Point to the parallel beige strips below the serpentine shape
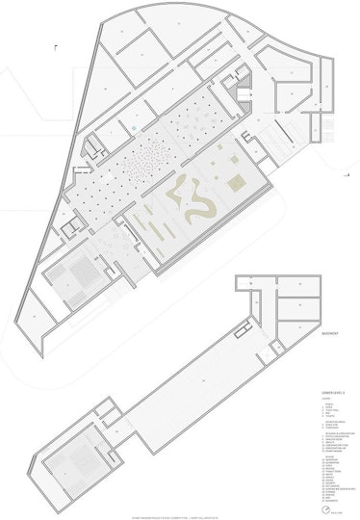(x=164, y=231)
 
